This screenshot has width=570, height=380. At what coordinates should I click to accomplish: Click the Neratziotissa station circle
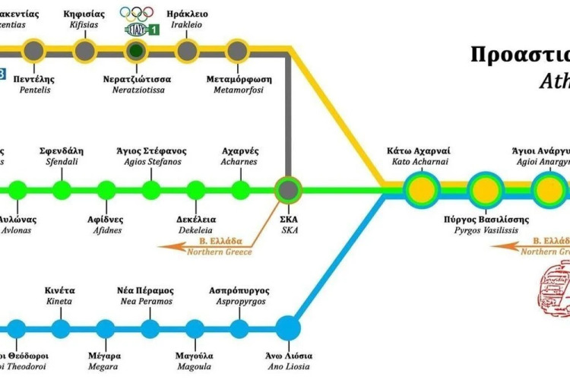[137, 52]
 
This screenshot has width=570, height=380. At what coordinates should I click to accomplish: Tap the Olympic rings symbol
[137, 13]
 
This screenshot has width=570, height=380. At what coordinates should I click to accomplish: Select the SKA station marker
[288, 188]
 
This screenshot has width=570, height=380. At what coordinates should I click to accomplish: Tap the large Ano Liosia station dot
[287, 329]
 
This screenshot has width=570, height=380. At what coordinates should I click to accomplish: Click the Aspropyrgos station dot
[240, 329]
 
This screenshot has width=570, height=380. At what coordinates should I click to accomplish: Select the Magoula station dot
[195, 329]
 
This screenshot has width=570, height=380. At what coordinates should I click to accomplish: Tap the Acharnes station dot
[241, 188]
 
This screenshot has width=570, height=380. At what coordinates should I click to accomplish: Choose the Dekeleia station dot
[196, 188]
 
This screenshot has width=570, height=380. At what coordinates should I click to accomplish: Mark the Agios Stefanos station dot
[151, 188]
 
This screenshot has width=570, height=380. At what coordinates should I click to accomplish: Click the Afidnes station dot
[106, 188]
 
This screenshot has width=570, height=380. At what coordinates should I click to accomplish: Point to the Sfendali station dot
[62, 188]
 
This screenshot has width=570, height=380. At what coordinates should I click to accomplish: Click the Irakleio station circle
[187, 52]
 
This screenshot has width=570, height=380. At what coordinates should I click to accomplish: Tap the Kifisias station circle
[85, 52]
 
